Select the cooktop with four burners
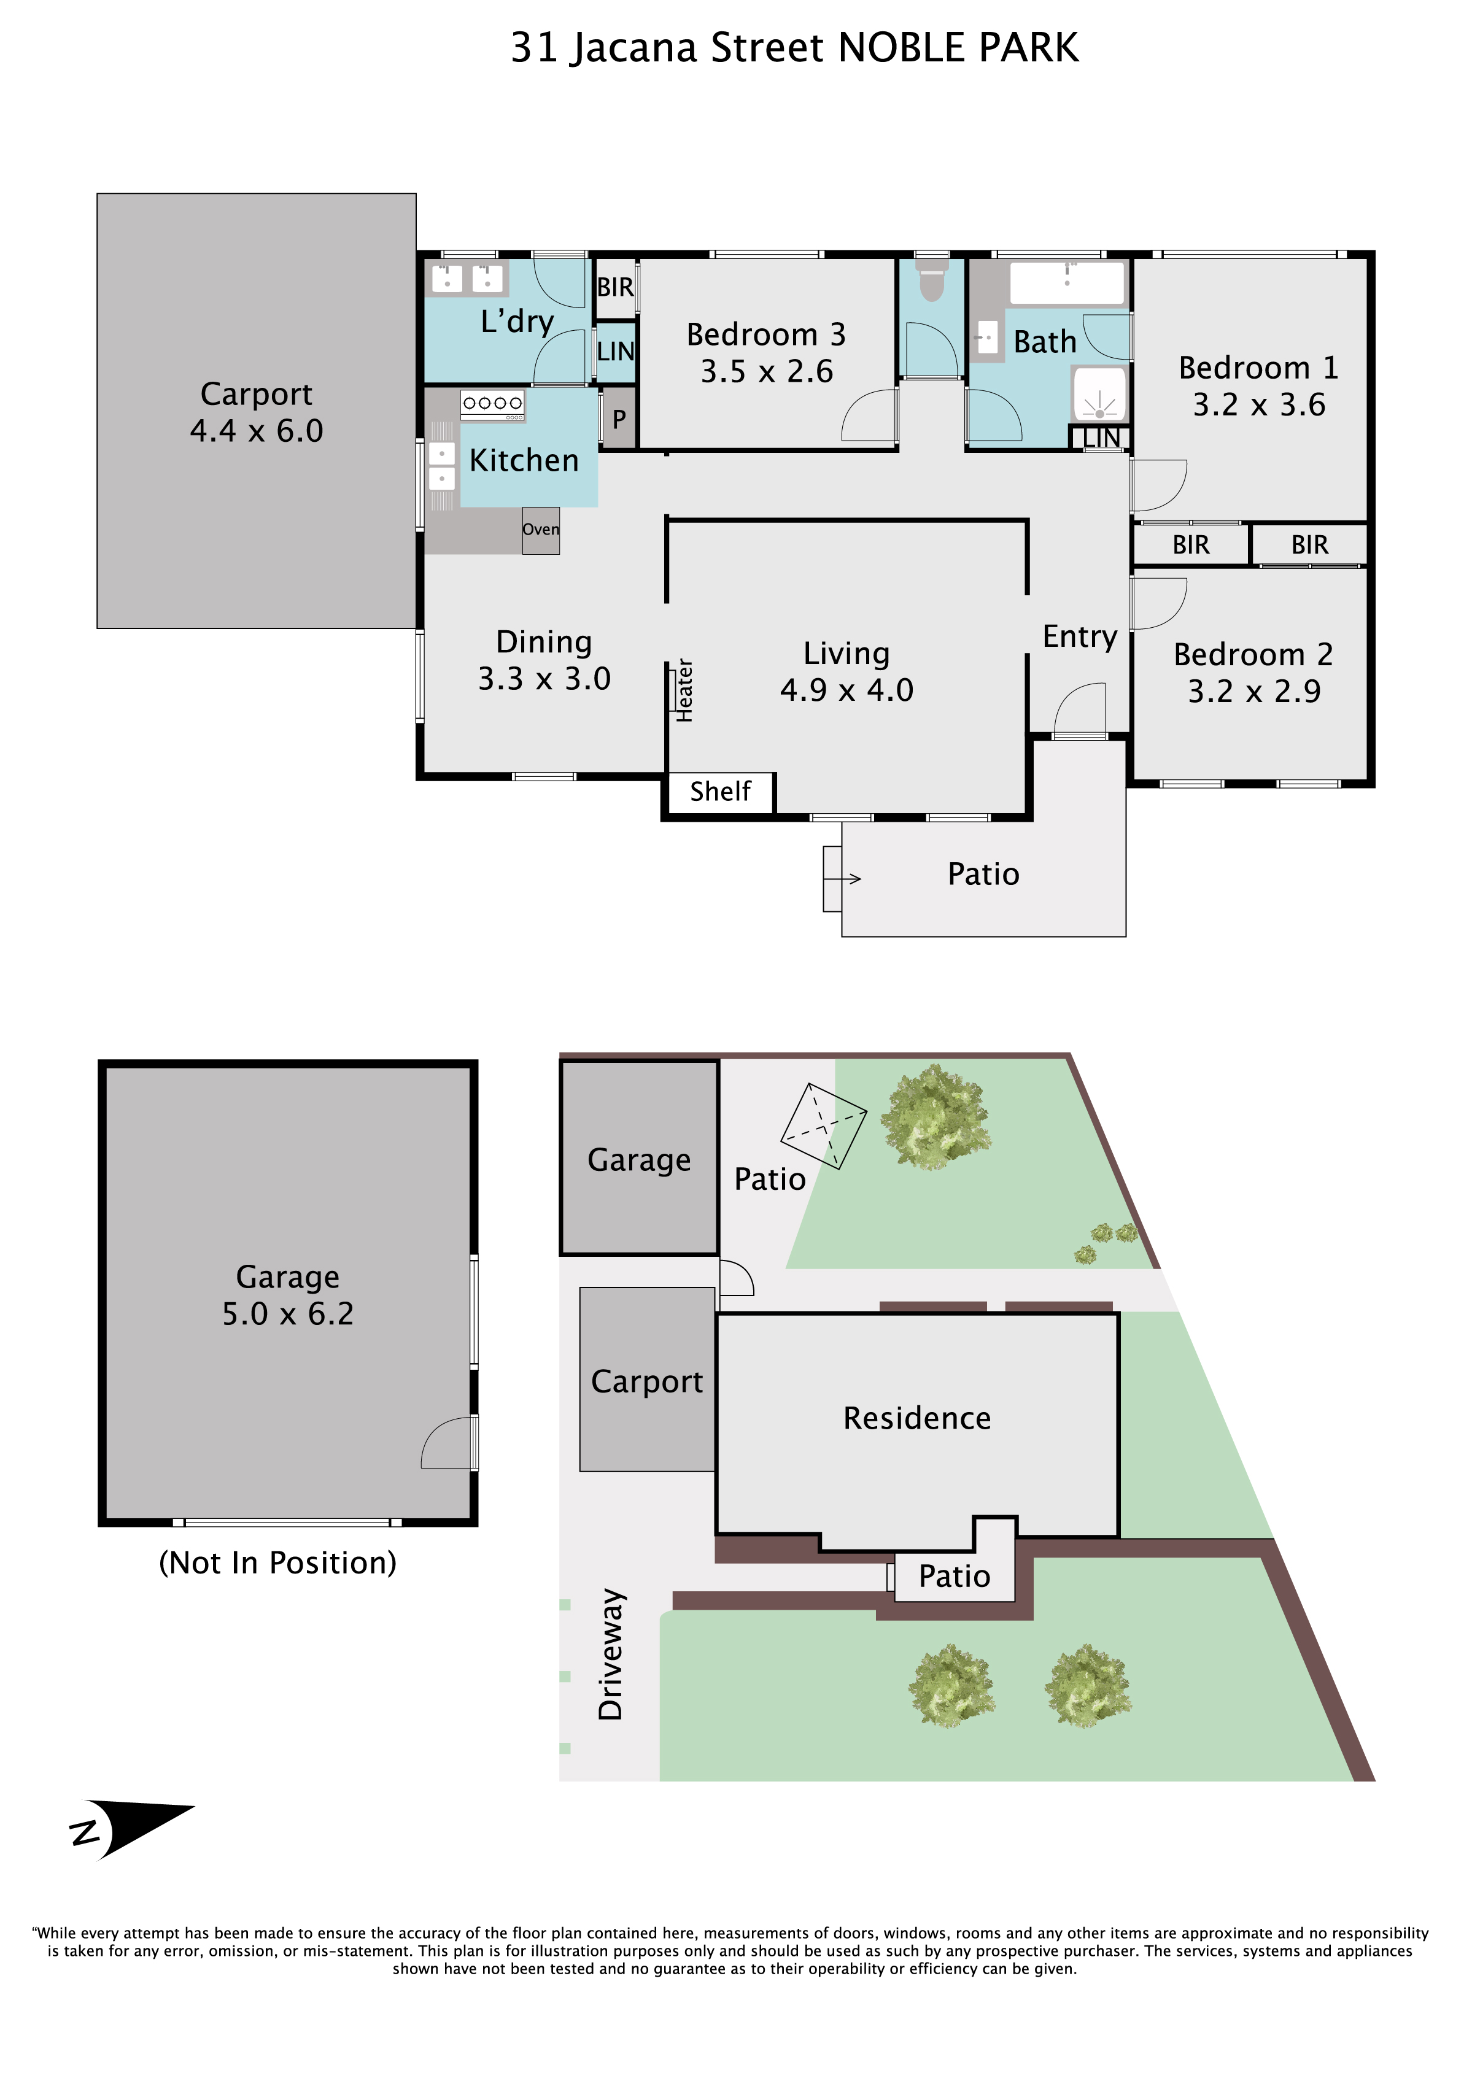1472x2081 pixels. click(492, 404)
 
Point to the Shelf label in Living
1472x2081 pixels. click(721, 791)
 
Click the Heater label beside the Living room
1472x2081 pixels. click(685, 690)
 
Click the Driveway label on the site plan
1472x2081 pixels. click(611, 1655)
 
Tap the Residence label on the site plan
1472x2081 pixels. click(916, 1418)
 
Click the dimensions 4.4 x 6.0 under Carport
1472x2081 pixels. click(257, 431)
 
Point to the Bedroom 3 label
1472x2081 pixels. click(766, 334)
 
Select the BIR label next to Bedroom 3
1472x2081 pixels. click(616, 287)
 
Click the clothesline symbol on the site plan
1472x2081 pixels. click(823, 1125)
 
